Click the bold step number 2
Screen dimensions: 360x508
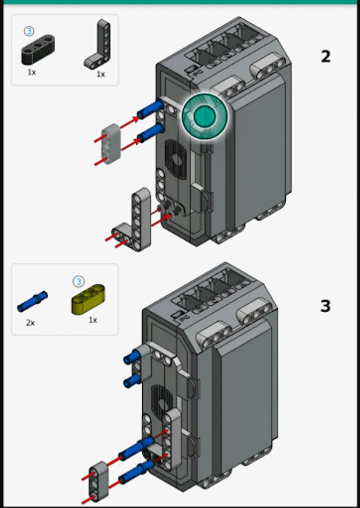pos(326,56)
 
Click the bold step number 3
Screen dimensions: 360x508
pos(326,306)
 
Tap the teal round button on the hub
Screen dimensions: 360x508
pos(205,116)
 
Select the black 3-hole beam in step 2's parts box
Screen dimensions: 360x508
pos(38,49)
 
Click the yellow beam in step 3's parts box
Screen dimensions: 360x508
pos(88,299)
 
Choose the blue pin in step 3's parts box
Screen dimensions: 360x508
pos(32,301)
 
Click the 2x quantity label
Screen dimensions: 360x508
pos(30,323)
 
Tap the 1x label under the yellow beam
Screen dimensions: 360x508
pos(93,320)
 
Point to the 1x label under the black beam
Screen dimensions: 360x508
pos(32,72)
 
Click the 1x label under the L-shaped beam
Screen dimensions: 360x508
pos(101,74)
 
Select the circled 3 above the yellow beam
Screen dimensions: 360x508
pos(78,281)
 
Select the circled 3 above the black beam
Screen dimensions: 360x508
pos(29,31)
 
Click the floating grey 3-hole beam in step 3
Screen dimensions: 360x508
pos(99,481)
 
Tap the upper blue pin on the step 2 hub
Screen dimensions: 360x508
pos(151,108)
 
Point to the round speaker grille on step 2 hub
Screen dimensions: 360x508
pos(176,159)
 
